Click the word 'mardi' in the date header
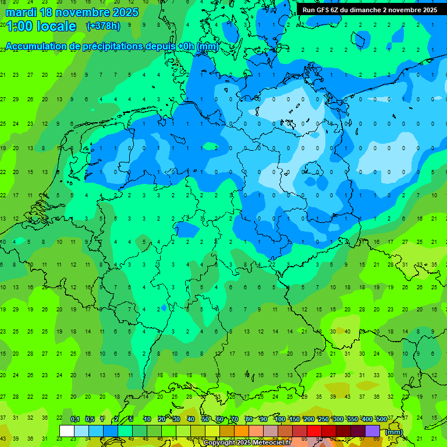tap(20, 12)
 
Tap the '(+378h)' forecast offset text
tap(103, 26)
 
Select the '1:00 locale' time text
tap(41, 26)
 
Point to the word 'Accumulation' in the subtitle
tap(39, 46)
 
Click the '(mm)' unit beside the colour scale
tap(394, 431)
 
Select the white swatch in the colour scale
tap(67, 431)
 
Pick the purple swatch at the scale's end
tap(372, 431)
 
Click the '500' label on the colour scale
tap(381, 419)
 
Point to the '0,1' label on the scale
tap(75, 419)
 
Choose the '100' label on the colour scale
tap(279, 419)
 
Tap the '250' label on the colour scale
tap(323, 419)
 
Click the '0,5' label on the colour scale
tap(90, 419)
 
